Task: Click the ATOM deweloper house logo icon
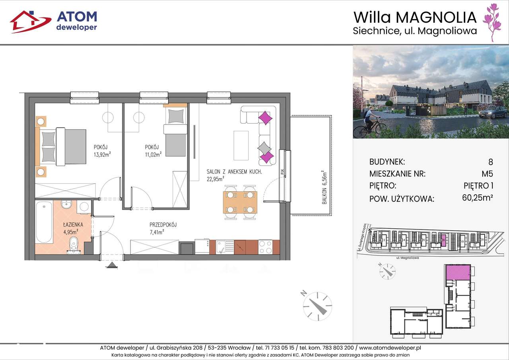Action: click(30, 21)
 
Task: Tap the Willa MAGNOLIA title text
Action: click(415, 18)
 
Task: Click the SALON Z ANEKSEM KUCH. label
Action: click(234, 171)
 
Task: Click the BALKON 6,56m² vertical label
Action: click(324, 185)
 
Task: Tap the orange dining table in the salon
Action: click(240, 202)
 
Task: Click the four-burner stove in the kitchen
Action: click(265, 247)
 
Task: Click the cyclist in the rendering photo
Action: click(372, 120)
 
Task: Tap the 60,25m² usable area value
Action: click(478, 198)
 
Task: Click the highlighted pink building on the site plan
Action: click(444, 240)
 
